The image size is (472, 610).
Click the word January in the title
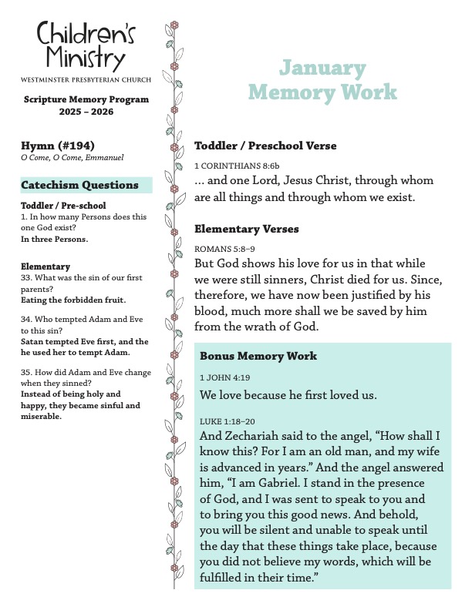pyautogui.click(x=322, y=69)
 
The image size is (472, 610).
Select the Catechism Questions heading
pyautogui.click(x=80, y=185)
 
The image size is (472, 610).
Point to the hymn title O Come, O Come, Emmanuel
pyautogui.click(x=72, y=158)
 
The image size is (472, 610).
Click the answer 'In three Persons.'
pyautogui.click(x=54, y=239)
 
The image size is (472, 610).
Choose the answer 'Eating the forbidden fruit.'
pyautogui.click(x=73, y=300)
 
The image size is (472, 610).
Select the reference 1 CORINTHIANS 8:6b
pyautogui.click(x=226, y=166)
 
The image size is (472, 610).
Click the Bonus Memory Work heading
pyautogui.click(x=258, y=357)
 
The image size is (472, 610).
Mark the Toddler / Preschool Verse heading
pyautogui.click(x=265, y=146)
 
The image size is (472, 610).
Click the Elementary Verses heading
pyautogui.click(x=247, y=229)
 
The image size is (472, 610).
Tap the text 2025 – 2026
pyautogui.click(x=86, y=112)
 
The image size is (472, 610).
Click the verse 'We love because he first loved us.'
pyautogui.click(x=288, y=396)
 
